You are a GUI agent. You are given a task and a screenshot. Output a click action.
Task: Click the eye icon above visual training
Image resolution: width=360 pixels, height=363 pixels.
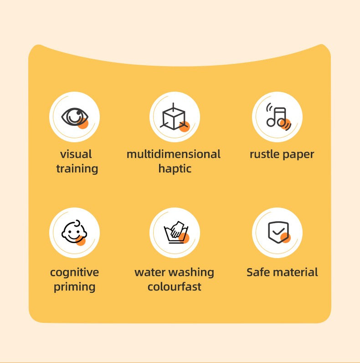pyautogui.click(x=74, y=117)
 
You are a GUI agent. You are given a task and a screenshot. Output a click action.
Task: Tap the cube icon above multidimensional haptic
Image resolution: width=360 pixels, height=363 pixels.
pyautogui.click(x=175, y=117)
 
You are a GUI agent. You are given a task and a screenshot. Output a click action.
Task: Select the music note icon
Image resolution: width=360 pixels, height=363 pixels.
pyautogui.click(x=277, y=117)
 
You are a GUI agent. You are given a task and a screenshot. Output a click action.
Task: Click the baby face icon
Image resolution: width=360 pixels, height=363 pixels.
pyautogui.click(x=74, y=233)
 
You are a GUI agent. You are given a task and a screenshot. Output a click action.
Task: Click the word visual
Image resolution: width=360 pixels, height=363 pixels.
pyautogui.click(x=76, y=154)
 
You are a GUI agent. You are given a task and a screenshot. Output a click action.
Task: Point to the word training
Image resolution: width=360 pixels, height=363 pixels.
pyautogui.click(x=77, y=169)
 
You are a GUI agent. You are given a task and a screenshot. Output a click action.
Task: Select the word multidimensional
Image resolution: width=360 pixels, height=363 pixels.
pyautogui.click(x=174, y=154)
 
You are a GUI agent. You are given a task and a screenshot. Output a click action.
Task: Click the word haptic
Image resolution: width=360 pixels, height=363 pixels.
pyautogui.click(x=175, y=169)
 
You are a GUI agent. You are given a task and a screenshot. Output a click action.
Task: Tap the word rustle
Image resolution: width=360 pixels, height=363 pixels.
pyautogui.click(x=264, y=154)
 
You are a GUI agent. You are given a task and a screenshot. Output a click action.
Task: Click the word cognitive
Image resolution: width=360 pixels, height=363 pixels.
pyautogui.click(x=74, y=273)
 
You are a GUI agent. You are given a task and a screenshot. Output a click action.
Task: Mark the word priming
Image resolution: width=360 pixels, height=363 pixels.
pyautogui.click(x=74, y=287)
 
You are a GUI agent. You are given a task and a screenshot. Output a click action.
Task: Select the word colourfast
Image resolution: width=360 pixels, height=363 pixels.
pyautogui.click(x=175, y=287)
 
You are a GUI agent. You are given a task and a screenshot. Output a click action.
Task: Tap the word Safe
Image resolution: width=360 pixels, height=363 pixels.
pyautogui.click(x=258, y=273)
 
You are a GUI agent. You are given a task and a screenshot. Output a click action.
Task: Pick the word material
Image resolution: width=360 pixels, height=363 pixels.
pyautogui.click(x=295, y=273)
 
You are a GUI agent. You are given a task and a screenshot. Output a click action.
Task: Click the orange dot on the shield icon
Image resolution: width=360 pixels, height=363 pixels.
pyautogui.click(x=285, y=238)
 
